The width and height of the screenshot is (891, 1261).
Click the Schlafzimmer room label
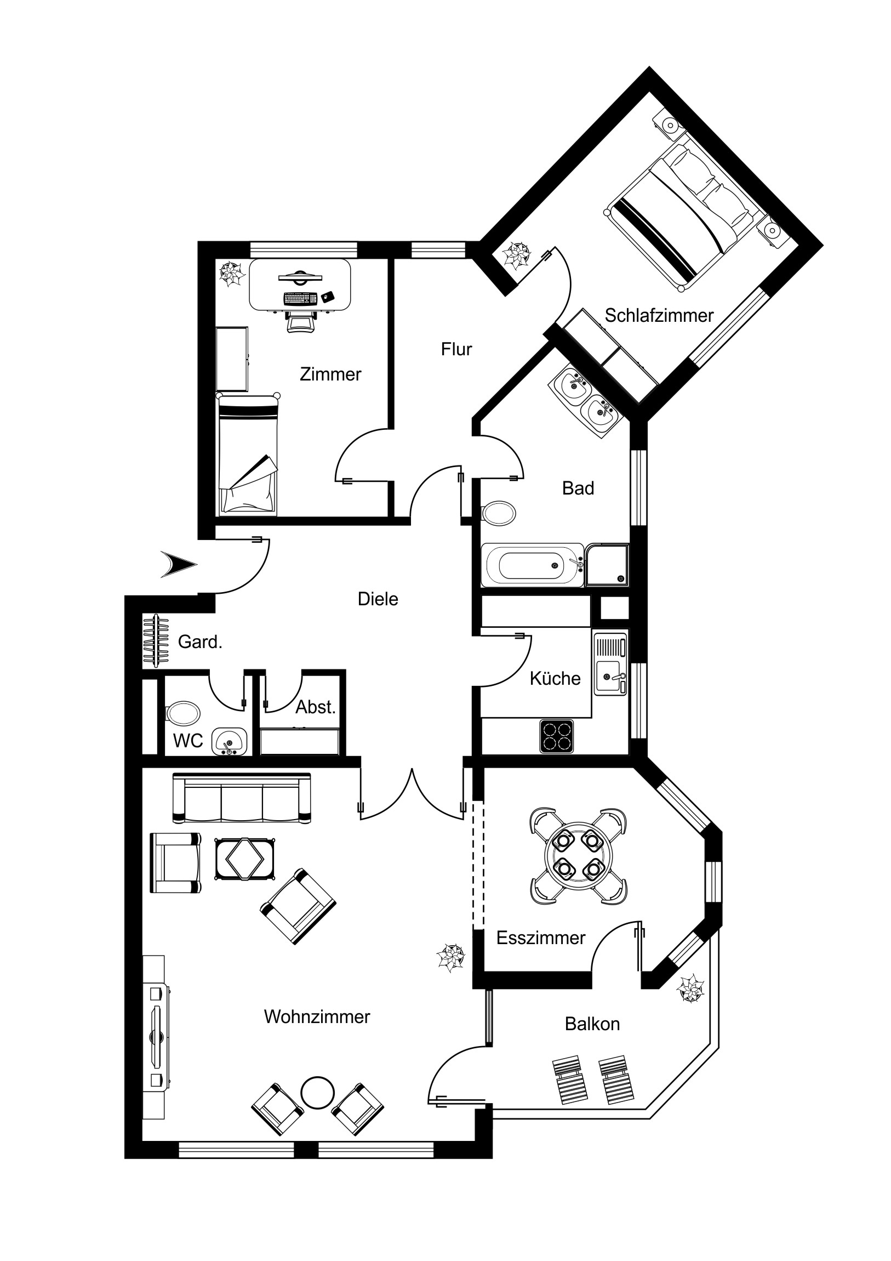659,316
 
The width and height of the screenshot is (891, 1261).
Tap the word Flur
456,349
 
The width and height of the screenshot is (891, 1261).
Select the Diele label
378,599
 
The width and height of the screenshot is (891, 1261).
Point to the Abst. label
315,707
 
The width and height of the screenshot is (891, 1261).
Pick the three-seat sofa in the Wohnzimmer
242,798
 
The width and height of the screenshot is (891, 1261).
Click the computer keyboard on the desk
300,298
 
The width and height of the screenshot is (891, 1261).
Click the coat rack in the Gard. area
156,641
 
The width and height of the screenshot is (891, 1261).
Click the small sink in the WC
230,742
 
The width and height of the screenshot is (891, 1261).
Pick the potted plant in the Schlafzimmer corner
517,256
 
